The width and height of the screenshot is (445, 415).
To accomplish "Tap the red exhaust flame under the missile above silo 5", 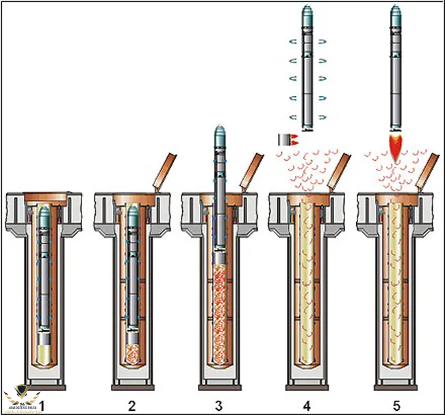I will (396, 146).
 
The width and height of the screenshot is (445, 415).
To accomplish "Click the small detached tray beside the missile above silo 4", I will (282, 140).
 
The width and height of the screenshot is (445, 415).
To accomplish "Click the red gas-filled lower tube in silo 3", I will (220, 315).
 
